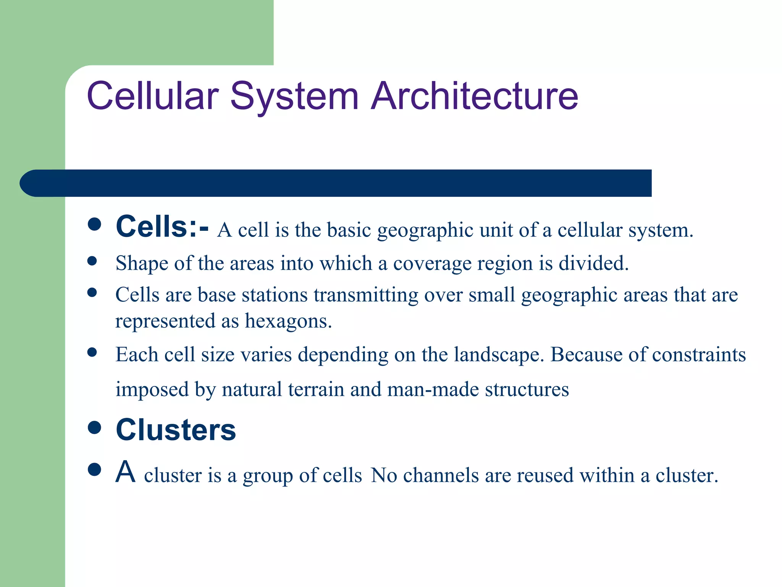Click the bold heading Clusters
point(176,430)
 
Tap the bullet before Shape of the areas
point(92,261)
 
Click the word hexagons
point(288,321)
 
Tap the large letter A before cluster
point(126,472)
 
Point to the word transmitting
point(366,295)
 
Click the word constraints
point(699,355)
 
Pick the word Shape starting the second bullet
point(142,263)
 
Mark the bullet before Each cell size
point(92,352)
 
